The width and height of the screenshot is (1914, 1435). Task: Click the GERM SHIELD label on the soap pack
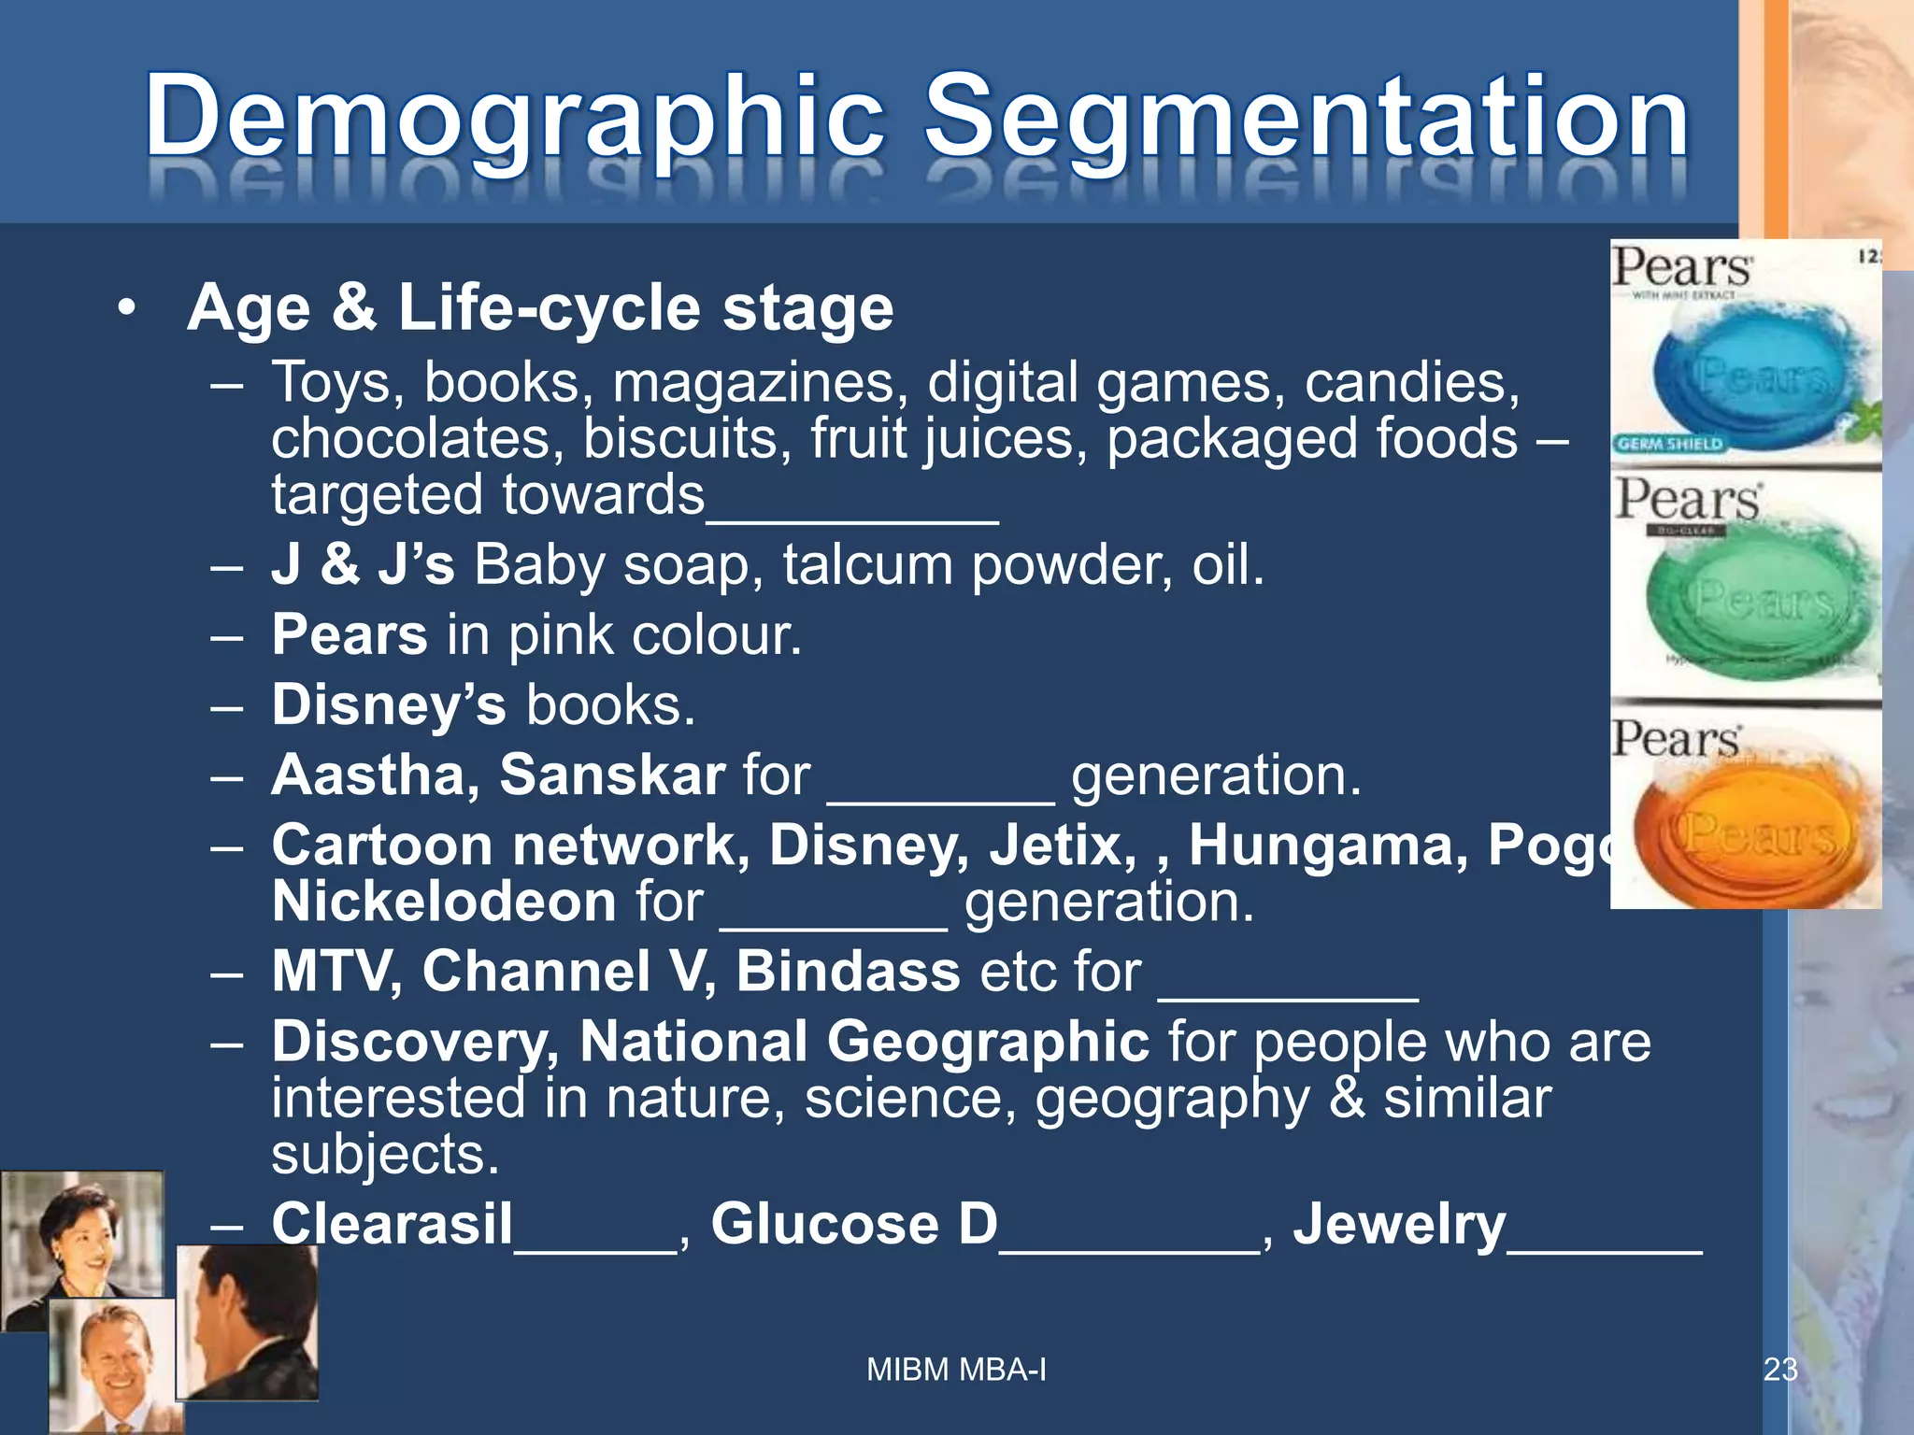[1669, 444]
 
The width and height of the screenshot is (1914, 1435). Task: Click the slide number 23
[1779, 1369]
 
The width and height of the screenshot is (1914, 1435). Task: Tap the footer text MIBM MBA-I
[956, 1369]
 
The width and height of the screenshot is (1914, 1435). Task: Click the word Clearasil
[393, 1223]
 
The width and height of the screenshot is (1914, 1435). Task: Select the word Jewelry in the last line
[1399, 1223]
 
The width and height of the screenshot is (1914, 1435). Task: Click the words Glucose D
[854, 1223]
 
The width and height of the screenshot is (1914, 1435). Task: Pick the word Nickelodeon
[444, 902]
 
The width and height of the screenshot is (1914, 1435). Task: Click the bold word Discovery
[415, 1041]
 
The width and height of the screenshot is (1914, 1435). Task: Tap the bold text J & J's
[363, 564]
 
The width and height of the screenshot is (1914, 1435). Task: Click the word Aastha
[375, 774]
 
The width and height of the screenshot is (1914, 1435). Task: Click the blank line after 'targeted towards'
[852, 509]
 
